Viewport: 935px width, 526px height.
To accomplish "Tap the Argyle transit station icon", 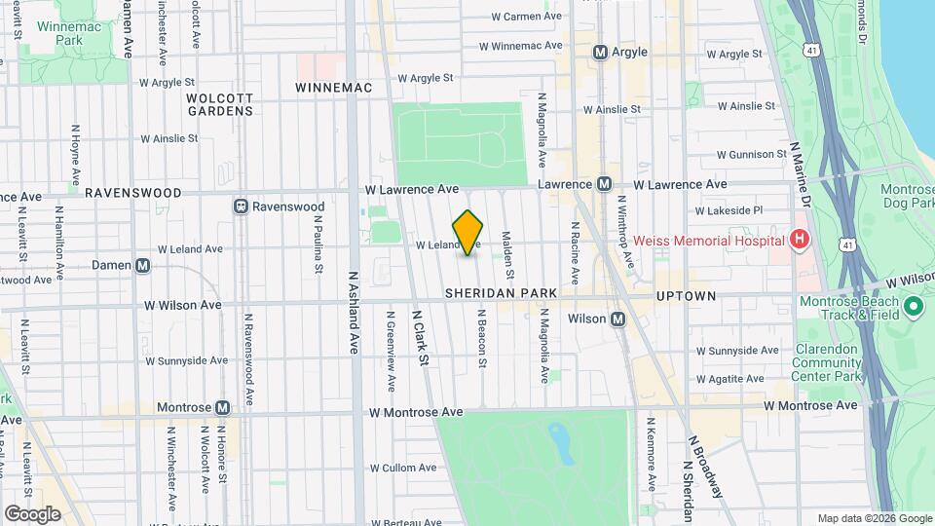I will [600, 52].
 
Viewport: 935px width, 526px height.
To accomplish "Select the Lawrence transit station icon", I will [604, 184].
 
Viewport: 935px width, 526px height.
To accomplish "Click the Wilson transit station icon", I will [617, 319].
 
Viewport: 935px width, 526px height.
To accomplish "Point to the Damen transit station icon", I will [143, 265].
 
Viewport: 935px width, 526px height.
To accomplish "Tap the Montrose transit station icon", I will [223, 408].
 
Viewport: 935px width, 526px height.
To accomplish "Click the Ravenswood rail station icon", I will [240, 207].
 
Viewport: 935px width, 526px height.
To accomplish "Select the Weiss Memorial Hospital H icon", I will [799, 240].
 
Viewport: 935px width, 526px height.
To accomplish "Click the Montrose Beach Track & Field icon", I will [913, 308].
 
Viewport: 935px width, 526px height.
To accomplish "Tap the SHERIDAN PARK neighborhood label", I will [501, 293].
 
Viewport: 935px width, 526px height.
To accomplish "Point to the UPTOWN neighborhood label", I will [686, 295].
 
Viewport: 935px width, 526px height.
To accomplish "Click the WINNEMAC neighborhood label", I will [334, 88].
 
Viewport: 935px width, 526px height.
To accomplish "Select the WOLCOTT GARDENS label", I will [220, 104].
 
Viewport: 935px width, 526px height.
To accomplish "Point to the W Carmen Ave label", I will [527, 17].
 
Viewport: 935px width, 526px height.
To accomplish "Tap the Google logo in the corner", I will [32, 513].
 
